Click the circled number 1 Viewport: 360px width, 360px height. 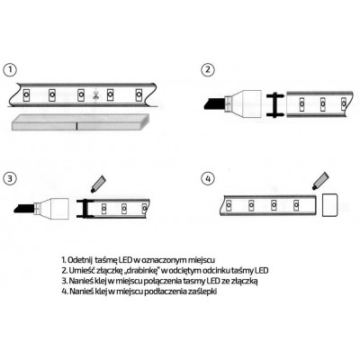pyautogui.click(x=10, y=69)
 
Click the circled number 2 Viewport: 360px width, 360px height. pyautogui.click(x=209, y=69)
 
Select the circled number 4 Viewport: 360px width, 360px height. pyautogui.click(x=209, y=177)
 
